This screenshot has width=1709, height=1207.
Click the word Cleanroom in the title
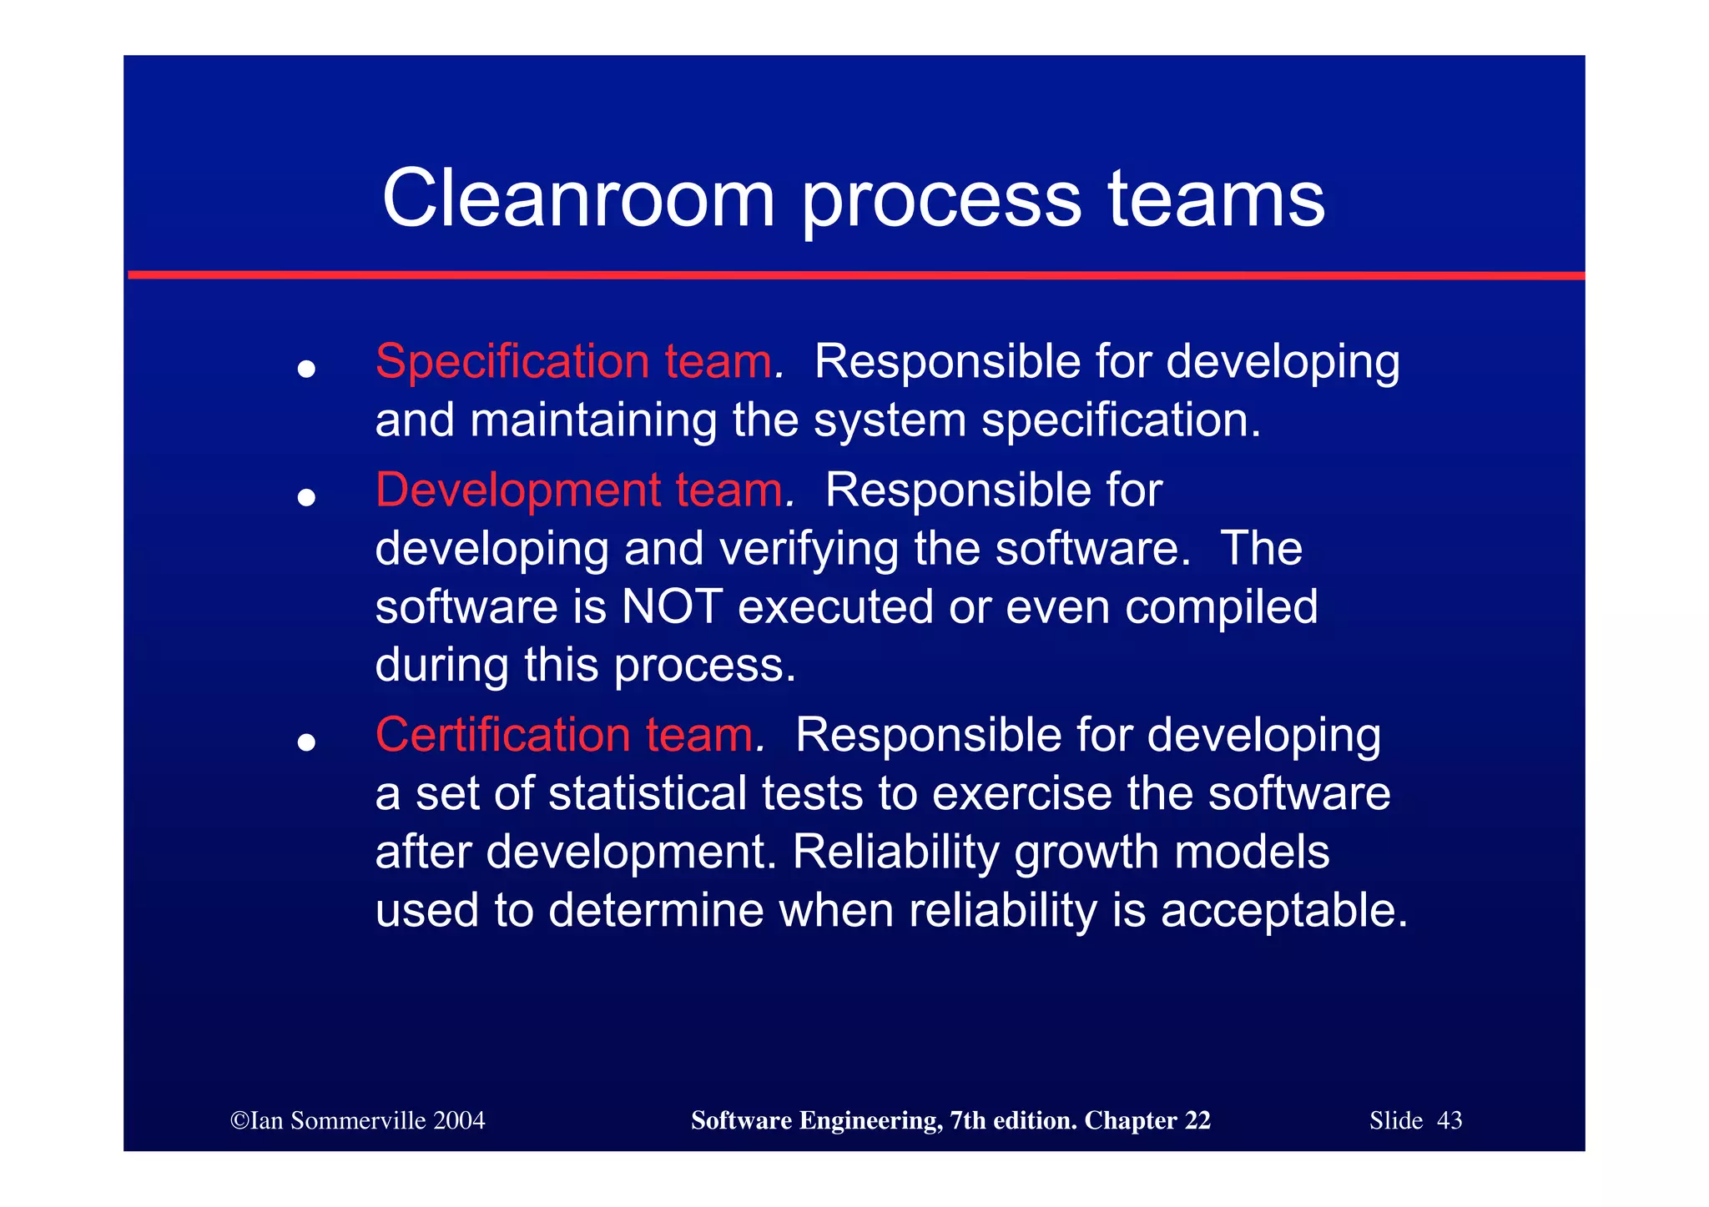click(578, 199)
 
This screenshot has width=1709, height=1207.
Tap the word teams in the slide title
click(1216, 199)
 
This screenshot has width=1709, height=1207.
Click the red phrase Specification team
click(574, 362)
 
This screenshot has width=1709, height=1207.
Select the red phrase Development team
click(579, 490)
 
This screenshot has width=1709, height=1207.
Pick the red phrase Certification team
click(565, 736)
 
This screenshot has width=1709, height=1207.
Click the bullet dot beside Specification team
click(306, 369)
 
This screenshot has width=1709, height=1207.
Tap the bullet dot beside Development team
click(306, 498)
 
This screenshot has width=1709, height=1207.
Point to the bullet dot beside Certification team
click(306, 742)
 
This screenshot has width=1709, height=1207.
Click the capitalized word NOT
click(672, 606)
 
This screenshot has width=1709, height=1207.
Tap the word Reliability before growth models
click(895, 852)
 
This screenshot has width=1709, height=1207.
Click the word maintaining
click(593, 420)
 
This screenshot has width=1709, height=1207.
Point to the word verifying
click(808, 550)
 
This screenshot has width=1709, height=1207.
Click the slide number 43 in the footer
click(1449, 1120)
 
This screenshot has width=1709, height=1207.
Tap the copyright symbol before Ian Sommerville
click(239, 1120)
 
